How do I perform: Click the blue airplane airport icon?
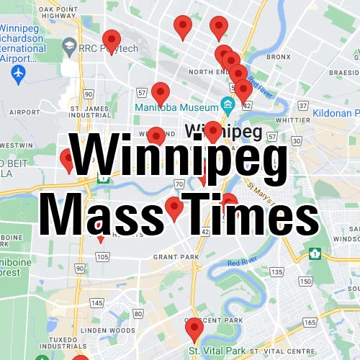tap(19, 73)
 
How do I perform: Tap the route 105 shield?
tap(102, 256)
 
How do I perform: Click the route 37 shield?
tap(302, 105)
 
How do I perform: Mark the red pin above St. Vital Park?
tap(194, 330)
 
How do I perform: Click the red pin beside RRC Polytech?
tap(111, 41)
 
